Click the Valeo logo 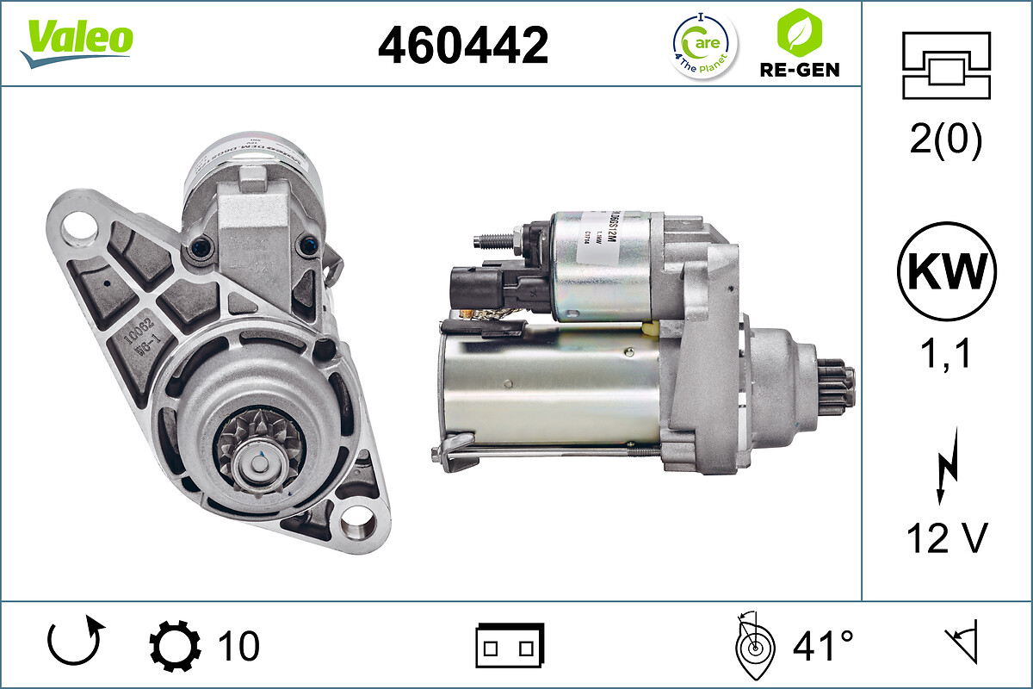pyautogui.click(x=77, y=42)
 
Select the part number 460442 pyautogui.click(x=463, y=45)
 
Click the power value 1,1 pyautogui.click(x=947, y=353)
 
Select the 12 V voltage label pyautogui.click(x=947, y=539)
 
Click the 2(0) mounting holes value pyautogui.click(x=947, y=141)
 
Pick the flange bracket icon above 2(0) pyautogui.click(x=946, y=65)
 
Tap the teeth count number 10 pyautogui.click(x=238, y=645)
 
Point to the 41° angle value pyautogui.click(x=823, y=645)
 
